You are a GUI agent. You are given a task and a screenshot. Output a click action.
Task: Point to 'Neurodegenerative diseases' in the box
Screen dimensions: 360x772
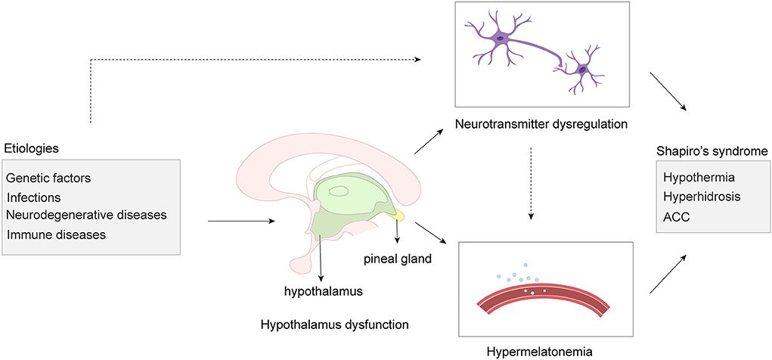click(86, 215)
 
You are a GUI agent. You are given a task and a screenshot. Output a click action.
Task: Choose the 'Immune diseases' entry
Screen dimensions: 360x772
click(56, 234)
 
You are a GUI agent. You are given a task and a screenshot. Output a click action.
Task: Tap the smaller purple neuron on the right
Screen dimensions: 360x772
click(581, 70)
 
